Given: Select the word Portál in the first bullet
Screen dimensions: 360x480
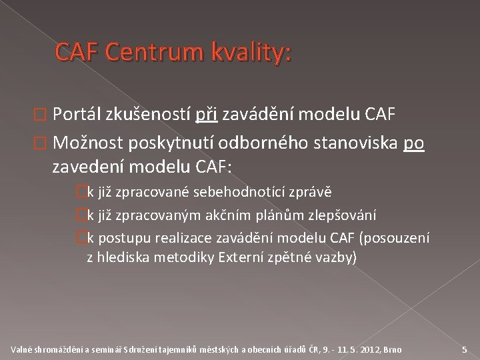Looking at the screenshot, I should tap(77, 116).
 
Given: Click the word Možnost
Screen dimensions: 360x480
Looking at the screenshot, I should tap(89, 143).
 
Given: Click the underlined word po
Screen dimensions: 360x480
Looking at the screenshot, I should tap(414, 143).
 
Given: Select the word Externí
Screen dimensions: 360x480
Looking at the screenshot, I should tap(241, 257).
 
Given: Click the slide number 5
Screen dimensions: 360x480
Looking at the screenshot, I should tap(464, 349).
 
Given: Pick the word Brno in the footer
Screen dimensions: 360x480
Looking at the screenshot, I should tap(393, 349).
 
